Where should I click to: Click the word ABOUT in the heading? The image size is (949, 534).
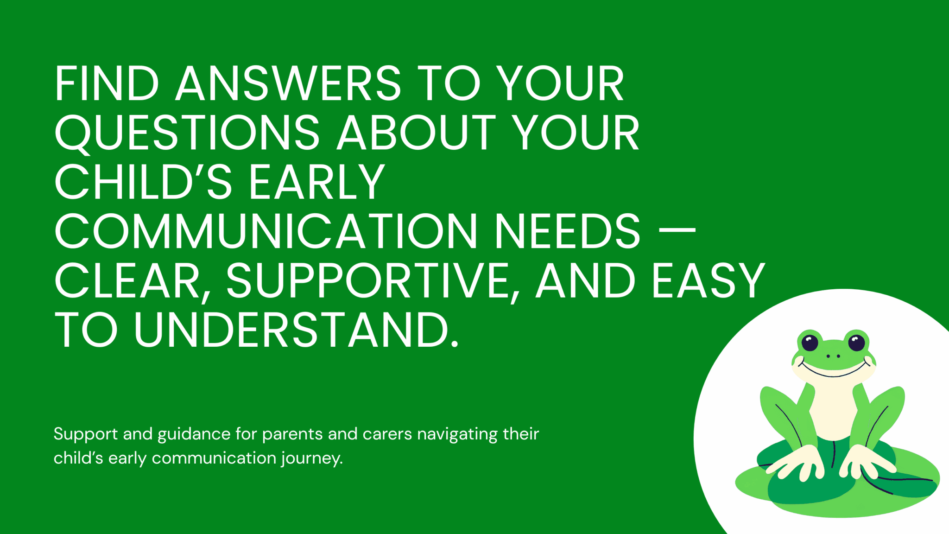coord(417,133)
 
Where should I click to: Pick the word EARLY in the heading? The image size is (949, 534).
coord(317,183)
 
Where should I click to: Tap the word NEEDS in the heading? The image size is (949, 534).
coord(567,232)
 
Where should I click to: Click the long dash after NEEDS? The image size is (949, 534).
coord(677,229)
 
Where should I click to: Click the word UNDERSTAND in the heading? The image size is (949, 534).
coord(292,330)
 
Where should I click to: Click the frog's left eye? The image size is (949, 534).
coord(810,343)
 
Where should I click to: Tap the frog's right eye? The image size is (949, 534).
coord(856,343)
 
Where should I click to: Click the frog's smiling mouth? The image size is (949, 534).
coord(833,371)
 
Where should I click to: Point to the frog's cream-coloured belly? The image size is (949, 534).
coord(833,408)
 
